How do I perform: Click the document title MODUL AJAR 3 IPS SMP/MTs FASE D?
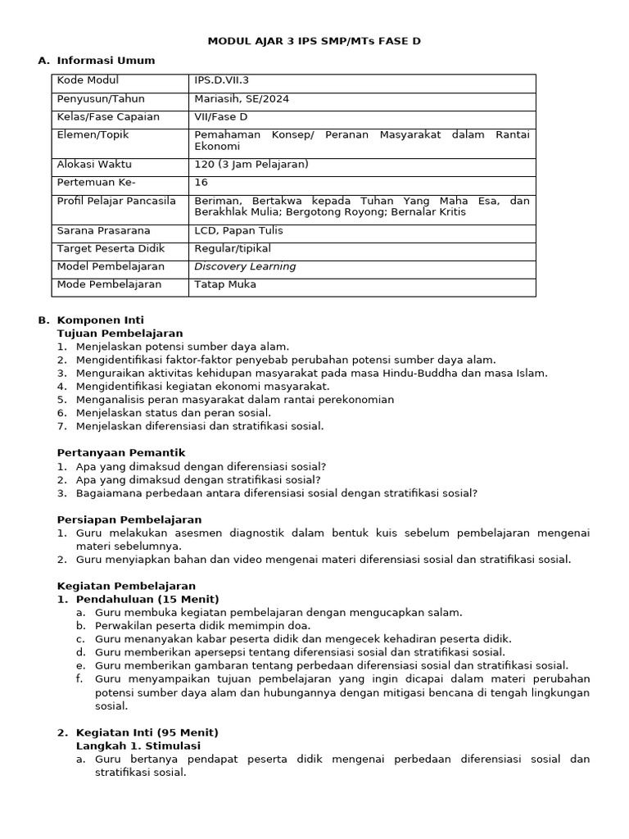[x=314, y=40]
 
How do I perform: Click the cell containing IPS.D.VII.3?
[x=224, y=80]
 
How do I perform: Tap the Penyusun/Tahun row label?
[x=101, y=99]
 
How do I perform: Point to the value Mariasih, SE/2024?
[x=242, y=99]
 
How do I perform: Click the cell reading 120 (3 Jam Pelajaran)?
[x=251, y=164]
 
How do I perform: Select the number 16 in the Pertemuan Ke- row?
[x=201, y=183]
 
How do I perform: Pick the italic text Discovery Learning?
[x=245, y=266]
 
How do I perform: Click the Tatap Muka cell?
[x=225, y=284]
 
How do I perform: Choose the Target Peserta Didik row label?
[x=111, y=247]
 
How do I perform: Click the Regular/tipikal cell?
[x=233, y=247]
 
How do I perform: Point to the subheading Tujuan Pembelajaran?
[x=120, y=333]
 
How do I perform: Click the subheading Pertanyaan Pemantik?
[x=121, y=452]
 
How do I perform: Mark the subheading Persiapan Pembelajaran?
[x=129, y=519]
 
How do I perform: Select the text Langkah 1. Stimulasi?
[x=138, y=746]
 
